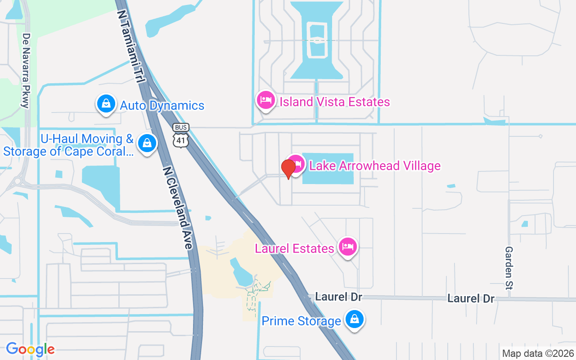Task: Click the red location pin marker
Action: pos(288,168)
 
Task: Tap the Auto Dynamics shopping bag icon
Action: pos(106,103)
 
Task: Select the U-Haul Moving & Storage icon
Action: pos(147,143)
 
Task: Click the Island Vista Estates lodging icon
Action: pos(265,100)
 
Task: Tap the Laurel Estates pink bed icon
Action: pos(348,247)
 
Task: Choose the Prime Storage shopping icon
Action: pos(355,319)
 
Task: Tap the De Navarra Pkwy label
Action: pos(26,71)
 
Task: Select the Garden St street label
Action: pos(509,268)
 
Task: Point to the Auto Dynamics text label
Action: pos(162,105)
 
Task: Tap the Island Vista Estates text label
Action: pos(335,102)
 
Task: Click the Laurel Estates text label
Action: pos(294,248)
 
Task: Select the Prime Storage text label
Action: pos(301,321)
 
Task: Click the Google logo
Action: pos(31,349)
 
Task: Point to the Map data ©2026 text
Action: pos(538,353)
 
